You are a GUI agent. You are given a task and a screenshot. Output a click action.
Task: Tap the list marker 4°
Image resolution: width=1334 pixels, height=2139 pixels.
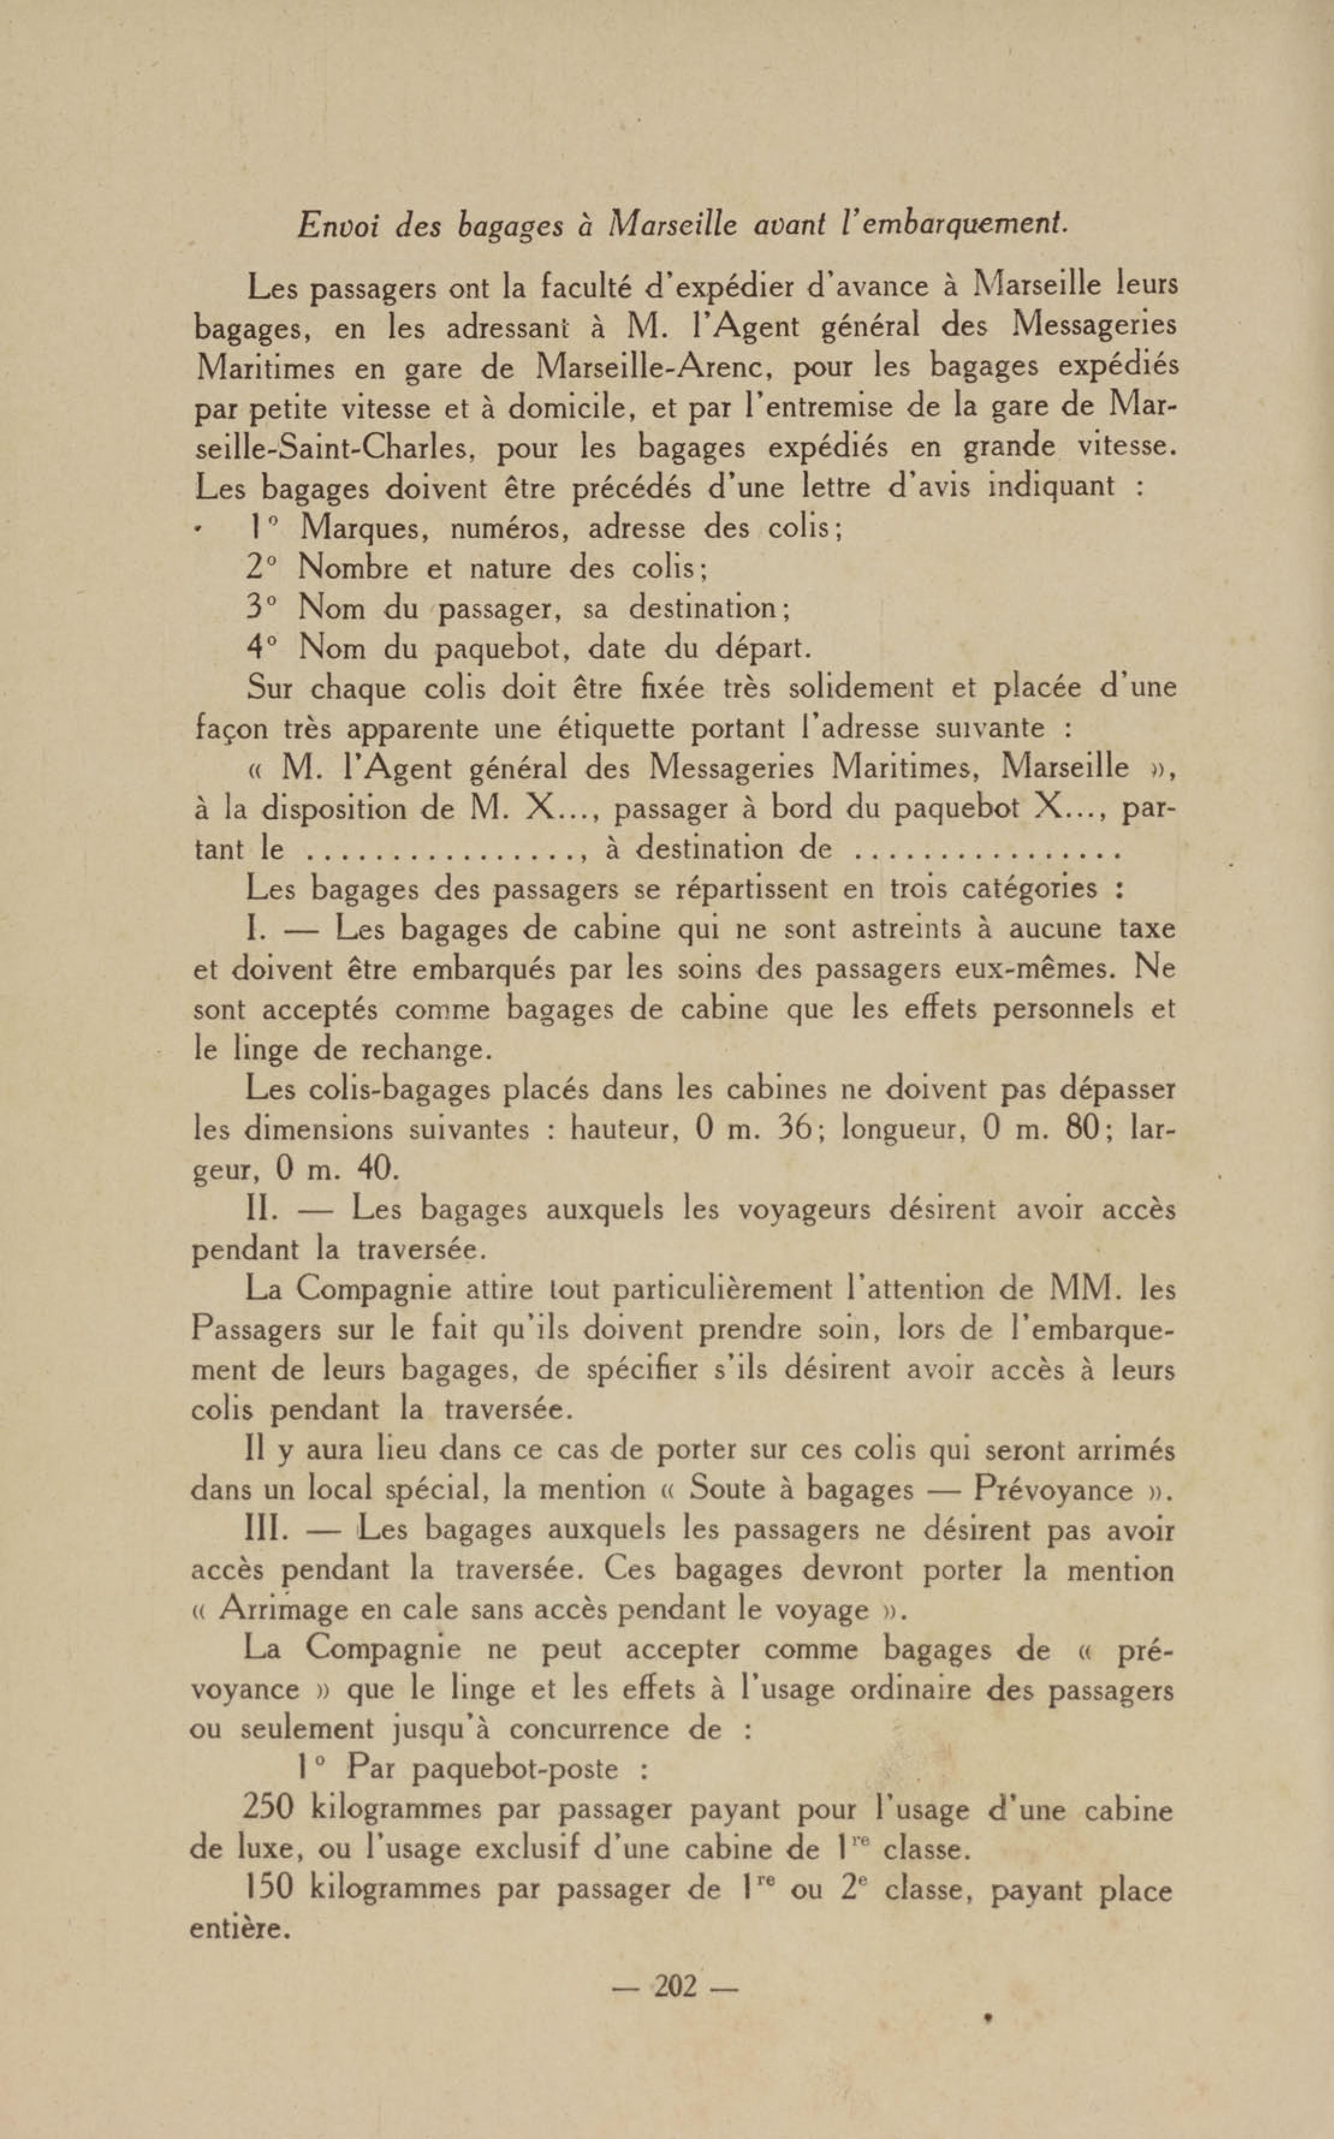click(263, 648)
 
